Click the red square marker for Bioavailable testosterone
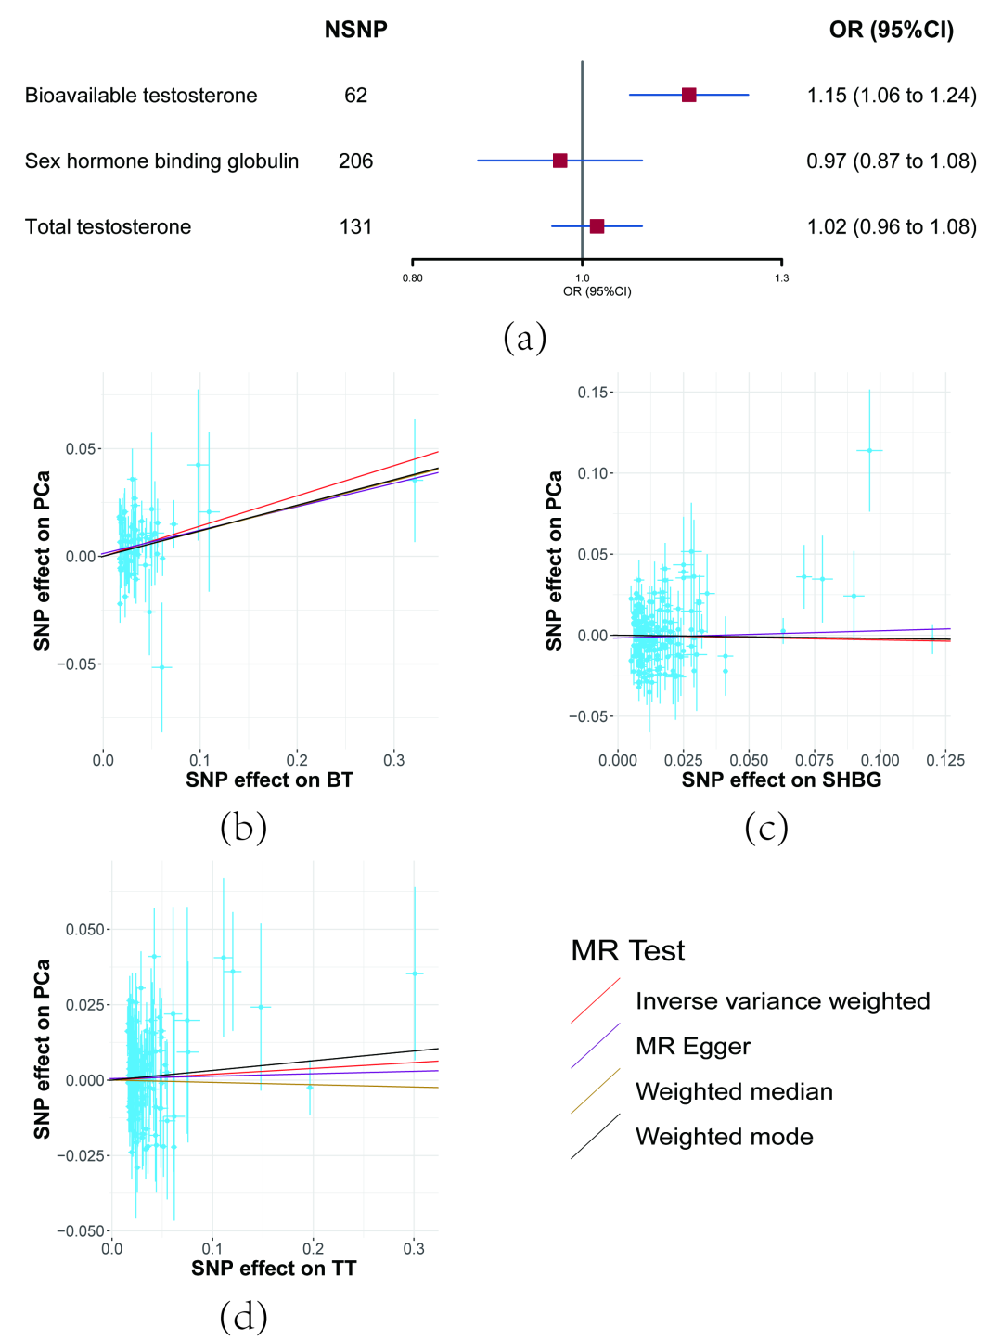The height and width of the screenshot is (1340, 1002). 688,95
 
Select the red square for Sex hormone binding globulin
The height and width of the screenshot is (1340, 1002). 559,161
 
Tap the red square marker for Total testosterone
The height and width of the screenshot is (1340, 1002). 597,226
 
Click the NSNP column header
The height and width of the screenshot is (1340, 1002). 355,30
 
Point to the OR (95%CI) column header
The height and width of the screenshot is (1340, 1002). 891,30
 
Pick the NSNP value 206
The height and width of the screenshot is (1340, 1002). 355,161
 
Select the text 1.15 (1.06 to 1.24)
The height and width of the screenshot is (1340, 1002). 891,96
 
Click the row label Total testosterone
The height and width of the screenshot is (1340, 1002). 108,227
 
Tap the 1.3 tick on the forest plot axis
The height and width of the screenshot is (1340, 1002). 782,277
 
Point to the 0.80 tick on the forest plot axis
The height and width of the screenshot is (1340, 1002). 413,277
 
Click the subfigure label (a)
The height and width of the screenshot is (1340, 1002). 524,337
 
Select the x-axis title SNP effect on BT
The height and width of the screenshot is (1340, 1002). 269,780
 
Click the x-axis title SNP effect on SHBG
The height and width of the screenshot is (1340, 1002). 781,780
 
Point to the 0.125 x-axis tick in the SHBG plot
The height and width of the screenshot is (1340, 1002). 945,761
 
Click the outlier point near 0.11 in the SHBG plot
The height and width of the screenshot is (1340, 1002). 869,450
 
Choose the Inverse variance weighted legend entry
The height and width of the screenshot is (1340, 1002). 782,1001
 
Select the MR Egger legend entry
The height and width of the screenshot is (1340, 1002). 692,1047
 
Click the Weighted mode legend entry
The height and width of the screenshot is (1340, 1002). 724,1137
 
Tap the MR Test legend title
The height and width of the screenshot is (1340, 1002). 627,950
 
